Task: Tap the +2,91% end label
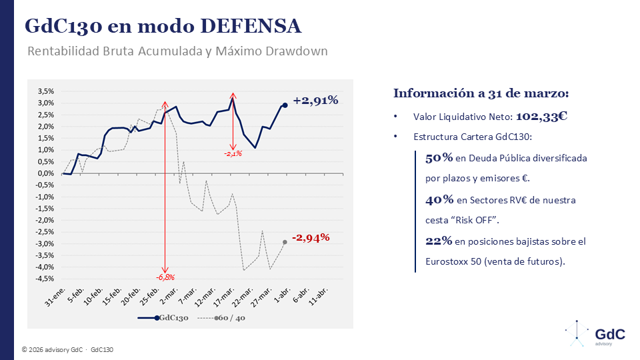[x=315, y=100]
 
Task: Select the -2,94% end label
[x=311, y=237]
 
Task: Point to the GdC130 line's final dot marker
[x=285, y=105]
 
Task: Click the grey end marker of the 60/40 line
[x=285, y=242]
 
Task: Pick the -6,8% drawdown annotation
[x=165, y=277]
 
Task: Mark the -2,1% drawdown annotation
[x=233, y=153]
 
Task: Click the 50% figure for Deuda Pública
[x=439, y=158]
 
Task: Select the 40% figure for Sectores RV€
[x=439, y=199]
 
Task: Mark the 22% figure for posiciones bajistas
[x=439, y=241]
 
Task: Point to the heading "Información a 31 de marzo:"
[x=481, y=93]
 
